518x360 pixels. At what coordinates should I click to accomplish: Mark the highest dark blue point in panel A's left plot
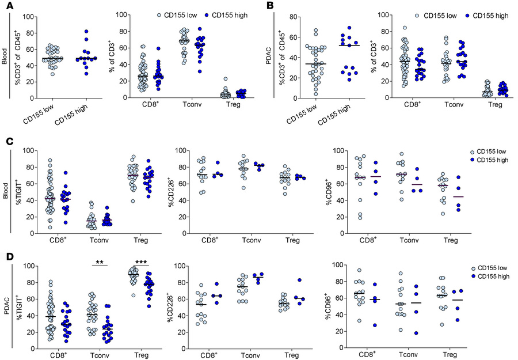tap(87, 31)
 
